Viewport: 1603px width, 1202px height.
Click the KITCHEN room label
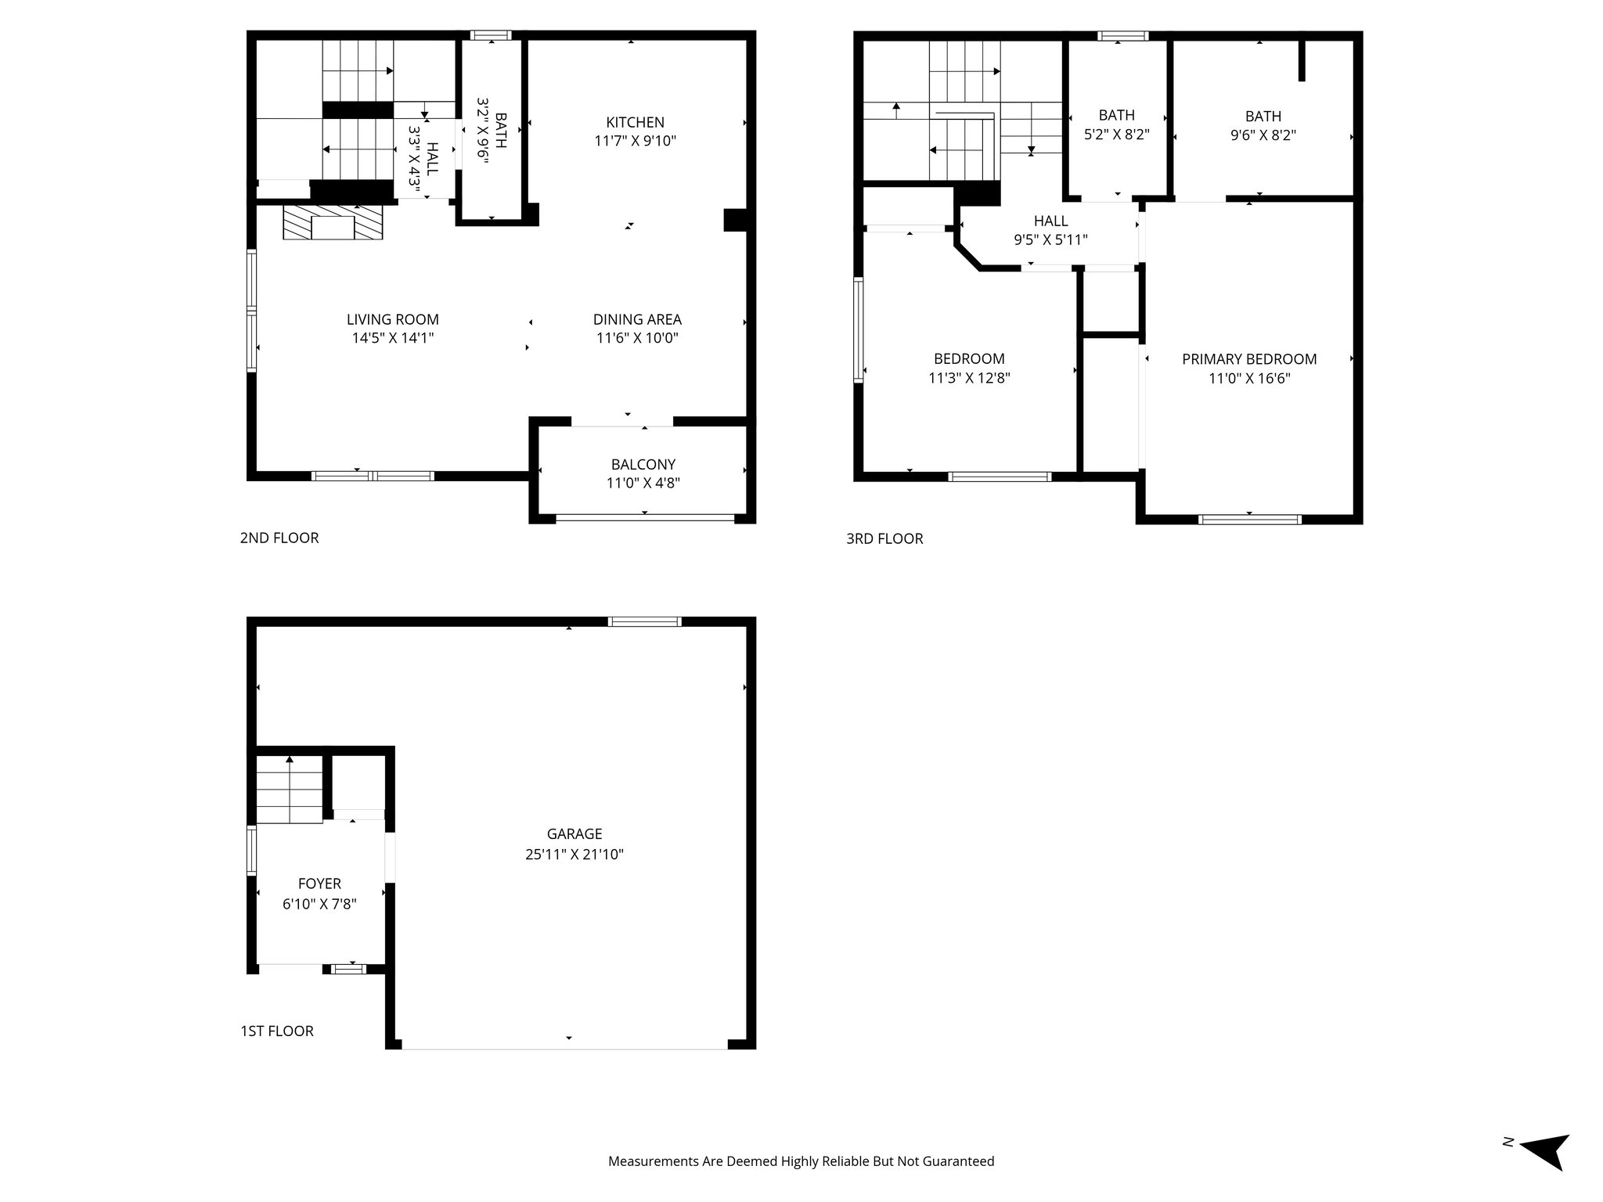click(635, 122)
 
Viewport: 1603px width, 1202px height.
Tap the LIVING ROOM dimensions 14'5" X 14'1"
click(392, 338)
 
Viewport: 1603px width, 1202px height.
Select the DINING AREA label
click(636, 319)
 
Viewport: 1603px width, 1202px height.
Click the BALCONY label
click(643, 464)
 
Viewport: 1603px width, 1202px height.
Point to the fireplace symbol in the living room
click(333, 223)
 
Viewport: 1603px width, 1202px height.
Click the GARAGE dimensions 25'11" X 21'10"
click(574, 854)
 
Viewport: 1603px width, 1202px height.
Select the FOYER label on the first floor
click(319, 884)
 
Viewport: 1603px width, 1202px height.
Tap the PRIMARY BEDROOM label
click(1248, 359)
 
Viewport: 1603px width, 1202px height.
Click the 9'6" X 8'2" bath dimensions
click(1263, 135)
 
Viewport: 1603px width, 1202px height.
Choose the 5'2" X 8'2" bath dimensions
click(1116, 135)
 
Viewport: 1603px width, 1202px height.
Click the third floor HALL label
click(1050, 221)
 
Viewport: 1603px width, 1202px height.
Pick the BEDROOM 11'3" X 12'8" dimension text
click(969, 378)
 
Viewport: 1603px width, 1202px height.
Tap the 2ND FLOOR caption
click(279, 538)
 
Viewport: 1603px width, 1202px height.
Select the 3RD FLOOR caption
click(884, 538)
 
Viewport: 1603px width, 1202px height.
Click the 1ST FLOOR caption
click(277, 1031)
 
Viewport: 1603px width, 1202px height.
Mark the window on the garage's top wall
click(645, 621)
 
